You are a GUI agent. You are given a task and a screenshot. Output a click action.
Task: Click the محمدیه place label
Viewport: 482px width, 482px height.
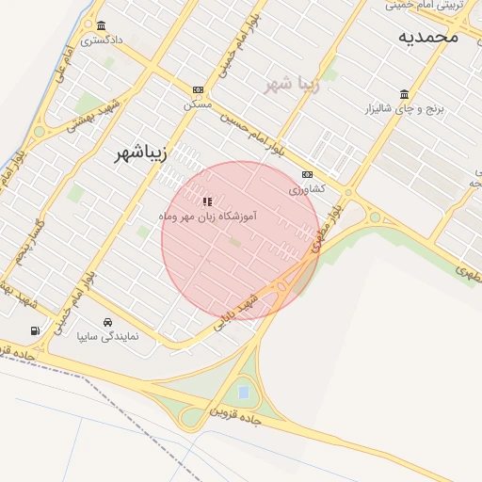427,36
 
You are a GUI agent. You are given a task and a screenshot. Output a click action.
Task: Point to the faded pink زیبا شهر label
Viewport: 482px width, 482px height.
292,86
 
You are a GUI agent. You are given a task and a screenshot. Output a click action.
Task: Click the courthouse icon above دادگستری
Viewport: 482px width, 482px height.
101,26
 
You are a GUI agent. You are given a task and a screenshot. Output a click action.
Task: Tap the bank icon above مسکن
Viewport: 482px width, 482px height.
198,89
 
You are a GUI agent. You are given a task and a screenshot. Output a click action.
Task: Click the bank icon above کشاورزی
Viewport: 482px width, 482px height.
307,175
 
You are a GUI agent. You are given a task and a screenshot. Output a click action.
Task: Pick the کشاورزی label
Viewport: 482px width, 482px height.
307,189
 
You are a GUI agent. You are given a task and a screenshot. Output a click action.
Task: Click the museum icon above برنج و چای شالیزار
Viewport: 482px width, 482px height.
404,94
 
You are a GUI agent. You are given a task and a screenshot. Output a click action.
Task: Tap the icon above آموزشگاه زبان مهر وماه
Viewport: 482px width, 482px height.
208,201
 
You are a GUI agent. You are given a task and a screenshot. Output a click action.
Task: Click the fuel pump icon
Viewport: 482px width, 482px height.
35,330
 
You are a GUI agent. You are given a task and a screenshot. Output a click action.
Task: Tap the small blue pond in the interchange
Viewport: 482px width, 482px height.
245,392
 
